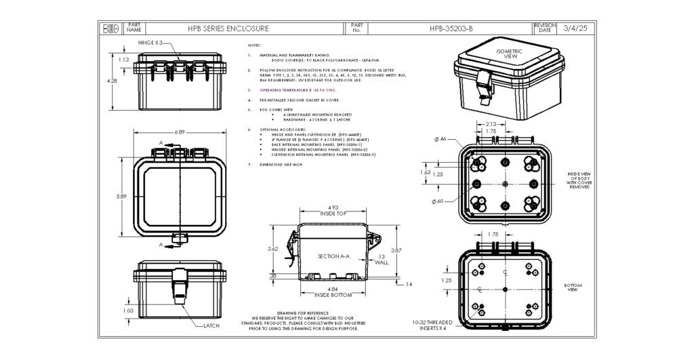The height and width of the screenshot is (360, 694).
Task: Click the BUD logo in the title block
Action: (110, 28)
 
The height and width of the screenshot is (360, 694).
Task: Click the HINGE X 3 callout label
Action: (149, 43)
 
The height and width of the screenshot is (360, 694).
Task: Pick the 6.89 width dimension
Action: (180, 132)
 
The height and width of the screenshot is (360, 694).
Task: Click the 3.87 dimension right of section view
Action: (397, 251)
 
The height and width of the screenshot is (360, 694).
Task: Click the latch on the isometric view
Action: (483, 85)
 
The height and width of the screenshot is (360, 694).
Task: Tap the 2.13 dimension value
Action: (493, 124)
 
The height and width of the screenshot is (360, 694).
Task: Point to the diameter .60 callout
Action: (439, 201)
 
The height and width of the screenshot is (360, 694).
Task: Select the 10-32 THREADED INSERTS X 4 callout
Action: (434, 326)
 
